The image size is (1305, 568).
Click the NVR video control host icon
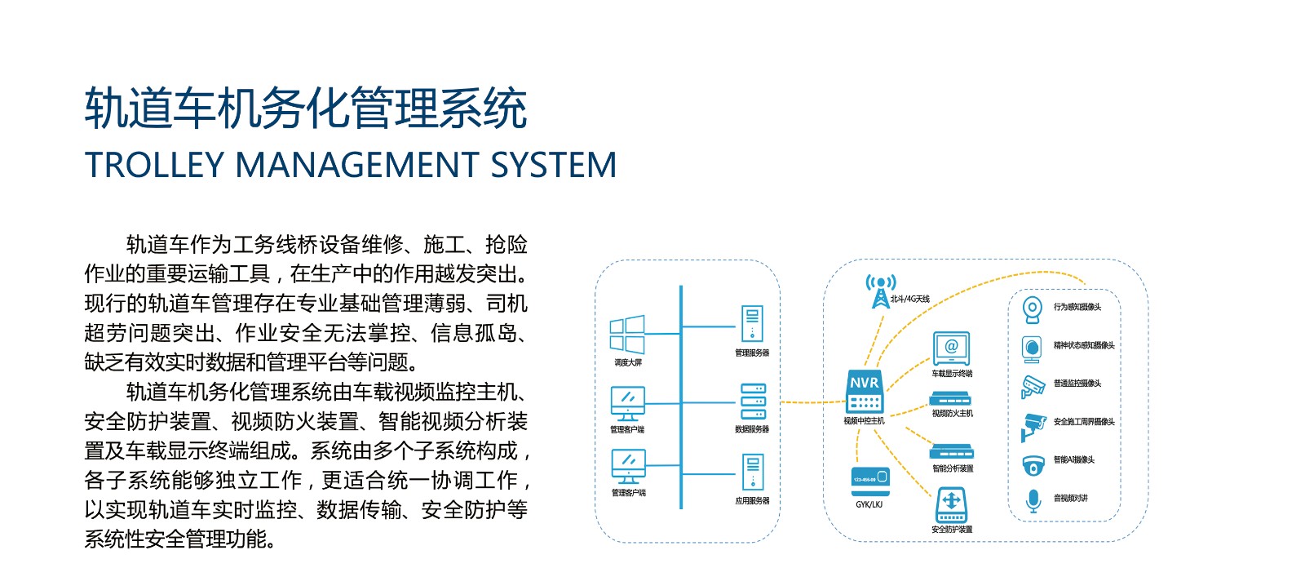[865, 392]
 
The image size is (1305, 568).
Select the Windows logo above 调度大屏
[627, 335]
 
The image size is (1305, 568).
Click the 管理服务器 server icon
[752, 324]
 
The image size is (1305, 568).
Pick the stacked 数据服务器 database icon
[752, 402]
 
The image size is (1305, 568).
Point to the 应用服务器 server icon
[752, 473]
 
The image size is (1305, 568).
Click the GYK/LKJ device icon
[869, 479]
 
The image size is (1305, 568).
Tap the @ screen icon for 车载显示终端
[951, 348]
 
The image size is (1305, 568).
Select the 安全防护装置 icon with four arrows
[951, 504]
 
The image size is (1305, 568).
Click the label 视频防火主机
[952, 414]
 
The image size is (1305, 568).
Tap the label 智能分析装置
[953, 468]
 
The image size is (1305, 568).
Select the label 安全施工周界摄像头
[1084, 422]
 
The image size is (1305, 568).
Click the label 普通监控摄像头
[1077, 384]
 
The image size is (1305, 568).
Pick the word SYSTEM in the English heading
[553, 166]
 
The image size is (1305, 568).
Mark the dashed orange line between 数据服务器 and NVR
[812, 402]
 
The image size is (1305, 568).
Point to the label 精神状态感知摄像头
[1084, 345]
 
